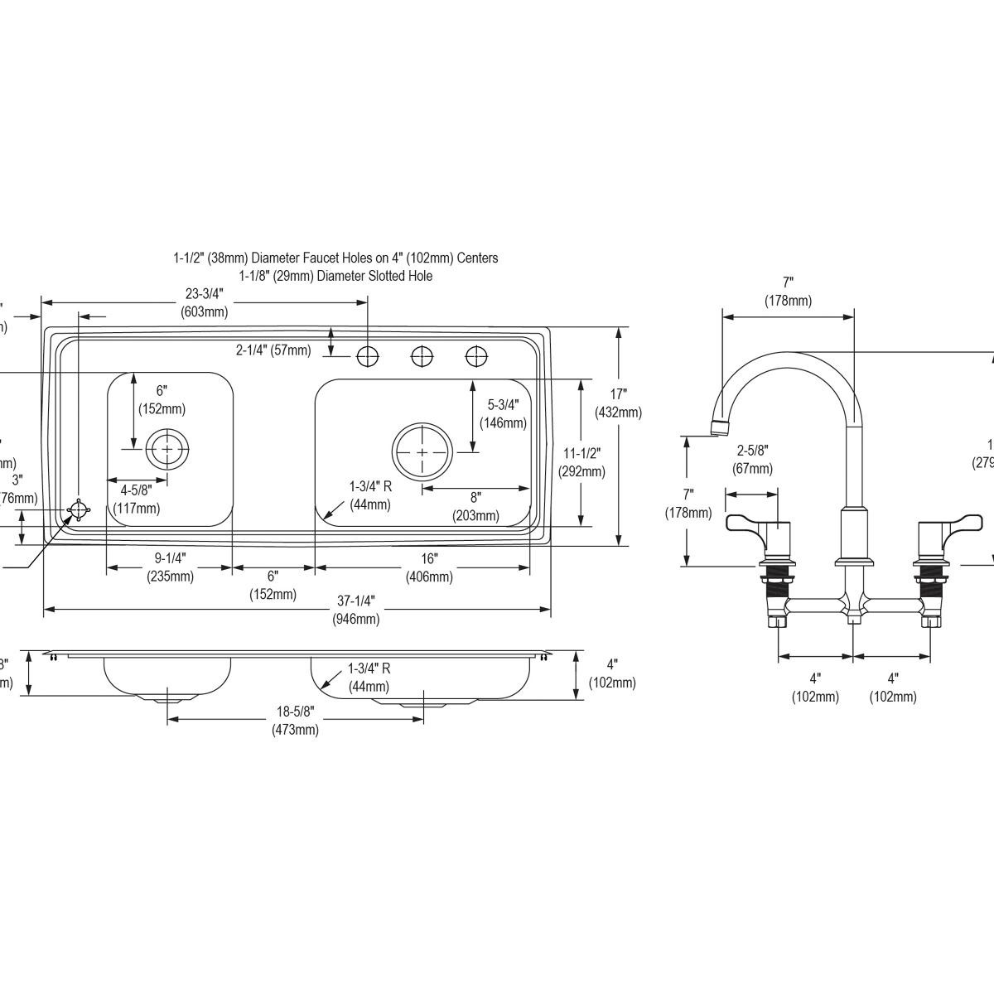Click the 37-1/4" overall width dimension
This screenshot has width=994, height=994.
355,610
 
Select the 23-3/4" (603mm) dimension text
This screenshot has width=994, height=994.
204,303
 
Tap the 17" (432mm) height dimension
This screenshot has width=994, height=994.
618,403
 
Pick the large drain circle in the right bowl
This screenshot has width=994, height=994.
422,452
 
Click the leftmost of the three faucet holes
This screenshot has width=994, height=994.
367,356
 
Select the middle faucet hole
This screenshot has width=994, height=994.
422,356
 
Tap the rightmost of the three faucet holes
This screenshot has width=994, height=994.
476,356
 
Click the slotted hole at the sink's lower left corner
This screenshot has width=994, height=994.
78,510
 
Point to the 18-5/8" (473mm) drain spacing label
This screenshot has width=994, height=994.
295,721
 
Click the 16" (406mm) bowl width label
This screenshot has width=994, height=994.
429,568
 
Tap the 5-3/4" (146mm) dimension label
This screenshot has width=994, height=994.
503,414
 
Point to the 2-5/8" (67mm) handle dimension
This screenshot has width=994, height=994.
753,459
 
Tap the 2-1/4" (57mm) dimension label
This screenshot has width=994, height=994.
273,350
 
